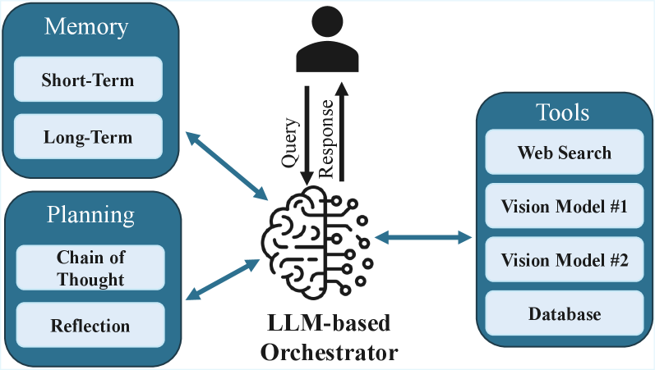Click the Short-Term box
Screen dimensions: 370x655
(x=87, y=80)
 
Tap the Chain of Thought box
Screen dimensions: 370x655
(x=91, y=268)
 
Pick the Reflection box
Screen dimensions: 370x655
(x=91, y=326)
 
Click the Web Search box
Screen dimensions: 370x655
(x=564, y=153)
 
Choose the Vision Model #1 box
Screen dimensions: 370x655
(x=564, y=207)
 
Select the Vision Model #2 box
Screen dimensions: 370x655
(x=564, y=261)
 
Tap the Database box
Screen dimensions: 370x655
(x=564, y=314)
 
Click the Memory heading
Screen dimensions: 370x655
(x=86, y=27)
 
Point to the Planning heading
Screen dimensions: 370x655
(x=90, y=215)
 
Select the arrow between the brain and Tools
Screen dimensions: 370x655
(x=423, y=238)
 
